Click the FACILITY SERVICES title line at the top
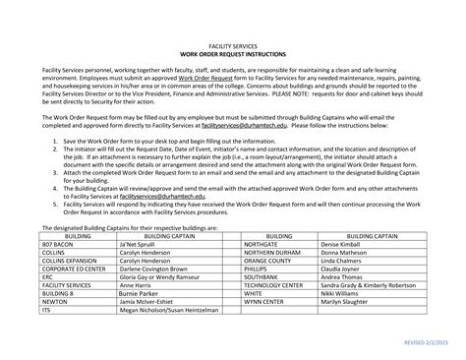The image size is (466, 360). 233,45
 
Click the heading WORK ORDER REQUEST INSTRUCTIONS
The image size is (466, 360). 233,53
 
